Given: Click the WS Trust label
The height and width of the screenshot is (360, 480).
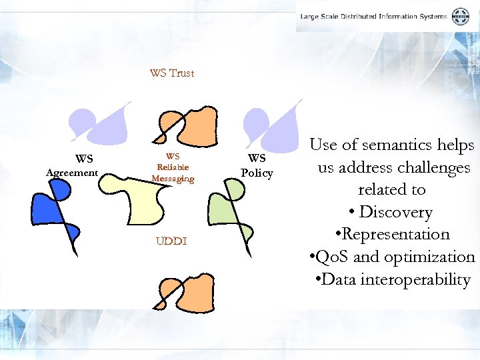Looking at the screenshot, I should [x=172, y=73].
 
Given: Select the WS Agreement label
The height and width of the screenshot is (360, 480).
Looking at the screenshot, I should [x=72, y=166].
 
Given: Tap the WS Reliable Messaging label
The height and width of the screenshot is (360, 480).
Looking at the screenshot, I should [x=173, y=168].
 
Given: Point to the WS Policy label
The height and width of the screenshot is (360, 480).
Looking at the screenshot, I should [x=257, y=166].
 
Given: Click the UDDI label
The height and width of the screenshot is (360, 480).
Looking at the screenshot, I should [x=171, y=241].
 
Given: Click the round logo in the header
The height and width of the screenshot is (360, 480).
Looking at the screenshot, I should [x=460, y=16].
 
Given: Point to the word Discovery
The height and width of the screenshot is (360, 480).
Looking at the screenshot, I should [x=395, y=212].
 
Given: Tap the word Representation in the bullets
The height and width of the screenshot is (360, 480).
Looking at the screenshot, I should [x=395, y=235].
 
